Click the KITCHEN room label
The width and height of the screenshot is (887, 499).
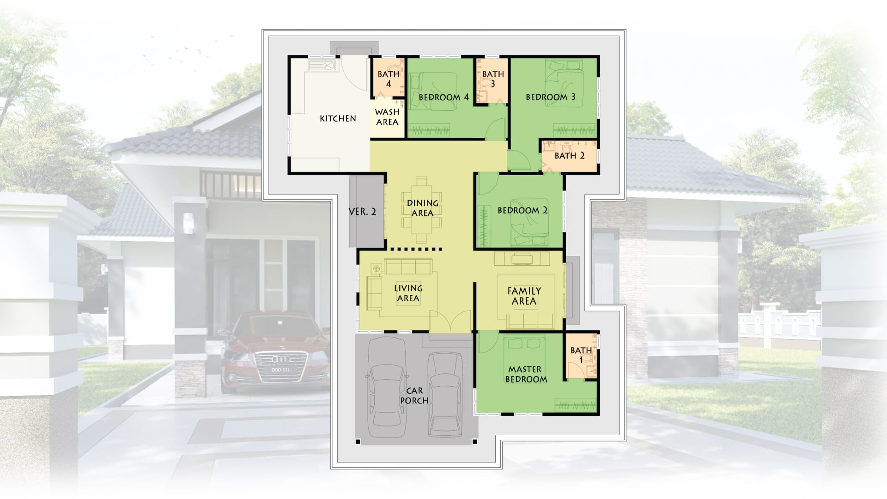(x=338, y=119)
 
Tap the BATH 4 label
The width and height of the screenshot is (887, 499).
(x=389, y=79)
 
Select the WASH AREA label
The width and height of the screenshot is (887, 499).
(x=387, y=117)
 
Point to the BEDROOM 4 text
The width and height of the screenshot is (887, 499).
(x=443, y=97)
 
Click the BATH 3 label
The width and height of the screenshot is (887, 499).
(x=493, y=79)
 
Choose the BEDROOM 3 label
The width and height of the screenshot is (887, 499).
(x=551, y=97)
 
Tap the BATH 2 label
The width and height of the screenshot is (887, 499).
(x=570, y=156)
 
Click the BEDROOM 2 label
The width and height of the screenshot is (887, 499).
(x=522, y=211)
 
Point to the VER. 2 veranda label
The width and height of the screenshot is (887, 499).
(x=362, y=212)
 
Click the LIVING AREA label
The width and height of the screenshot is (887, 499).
(x=408, y=293)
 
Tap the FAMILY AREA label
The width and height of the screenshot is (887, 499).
(x=524, y=296)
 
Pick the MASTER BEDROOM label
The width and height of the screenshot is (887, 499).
(x=526, y=374)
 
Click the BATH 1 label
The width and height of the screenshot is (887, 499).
(x=581, y=355)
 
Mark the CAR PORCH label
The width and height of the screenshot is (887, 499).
(x=414, y=396)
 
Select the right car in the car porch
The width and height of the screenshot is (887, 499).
(x=445, y=394)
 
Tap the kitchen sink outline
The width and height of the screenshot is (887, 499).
(x=322, y=65)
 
